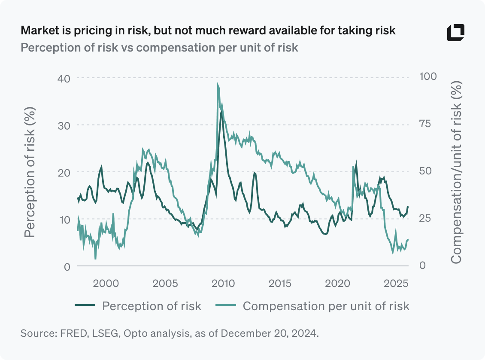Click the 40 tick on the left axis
(x=64, y=78)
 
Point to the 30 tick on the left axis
(x=64, y=125)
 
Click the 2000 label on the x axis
(x=106, y=284)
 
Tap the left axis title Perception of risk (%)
(x=30, y=172)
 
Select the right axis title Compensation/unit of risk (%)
(x=456, y=172)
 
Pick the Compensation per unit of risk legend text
(x=326, y=306)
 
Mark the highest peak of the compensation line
(x=218, y=84)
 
